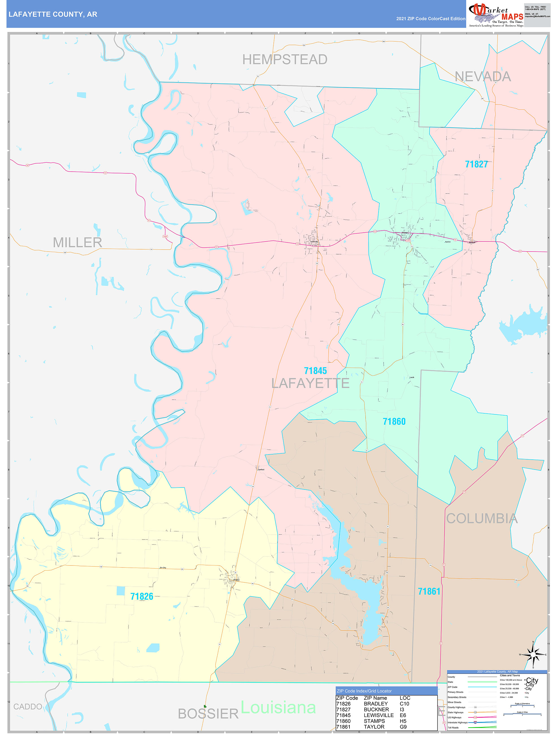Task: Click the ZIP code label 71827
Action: click(x=476, y=164)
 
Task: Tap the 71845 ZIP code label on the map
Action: click(x=315, y=371)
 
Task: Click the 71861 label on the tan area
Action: click(x=429, y=591)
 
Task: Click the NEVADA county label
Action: click(x=482, y=77)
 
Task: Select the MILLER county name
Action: click(x=77, y=243)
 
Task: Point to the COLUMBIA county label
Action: click(x=482, y=519)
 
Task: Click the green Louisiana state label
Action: click(x=278, y=707)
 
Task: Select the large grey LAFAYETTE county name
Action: click(x=310, y=383)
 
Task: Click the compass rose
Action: click(x=533, y=655)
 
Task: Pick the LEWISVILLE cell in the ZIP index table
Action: click(x=378, y=715)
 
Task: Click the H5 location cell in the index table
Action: click(x=403, y=721)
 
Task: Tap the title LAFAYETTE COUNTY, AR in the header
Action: click(x=53, y=14)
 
